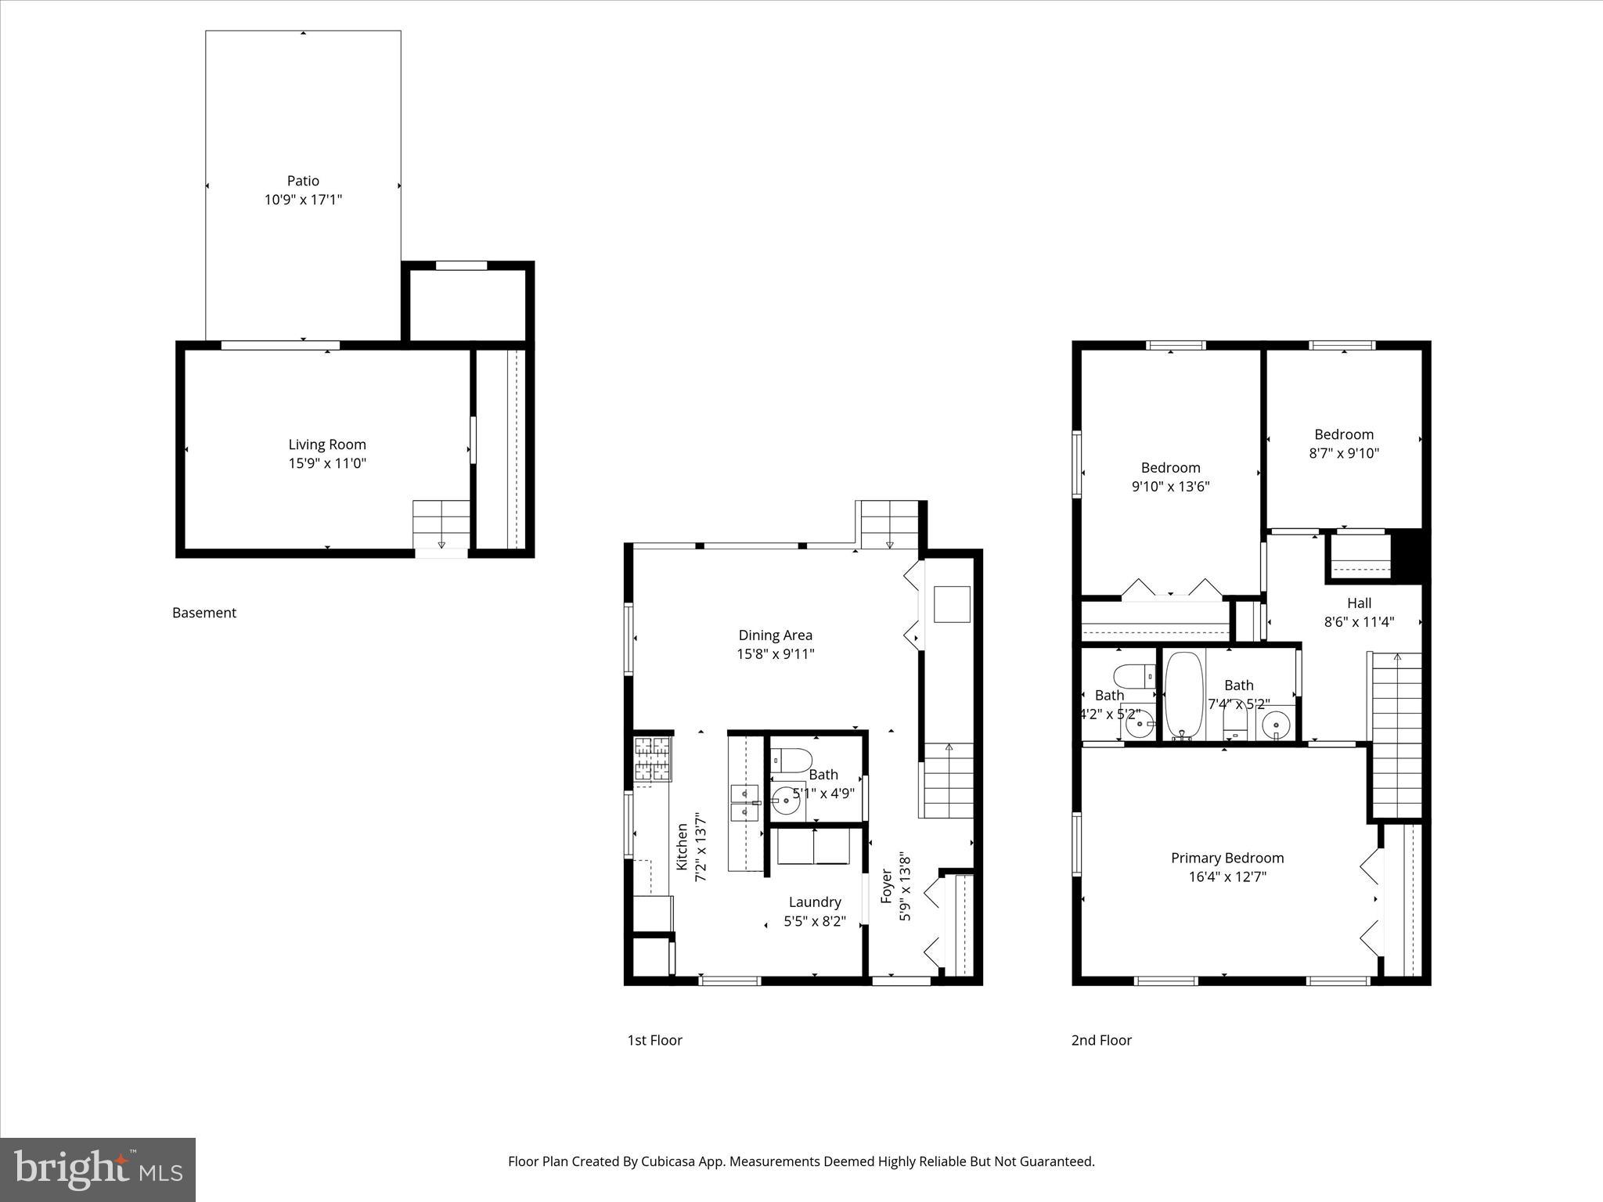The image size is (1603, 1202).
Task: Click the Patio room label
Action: click(303, 181)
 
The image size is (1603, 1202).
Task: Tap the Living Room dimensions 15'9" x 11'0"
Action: click(327, 463)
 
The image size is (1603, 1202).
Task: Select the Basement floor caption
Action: click(204, 613)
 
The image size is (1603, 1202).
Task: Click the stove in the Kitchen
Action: click(652, 759)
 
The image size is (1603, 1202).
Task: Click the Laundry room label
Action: click(815, 902)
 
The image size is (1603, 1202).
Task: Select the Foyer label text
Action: click(887, 886)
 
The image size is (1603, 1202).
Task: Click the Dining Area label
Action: click(775, 635)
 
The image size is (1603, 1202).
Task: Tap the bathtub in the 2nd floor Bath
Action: click(1183, 695)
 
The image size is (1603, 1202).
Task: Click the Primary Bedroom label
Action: click(1227, 858)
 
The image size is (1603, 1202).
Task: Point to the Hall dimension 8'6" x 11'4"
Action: click(1359, 622)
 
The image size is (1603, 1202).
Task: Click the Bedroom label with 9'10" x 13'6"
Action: click(1170, 468)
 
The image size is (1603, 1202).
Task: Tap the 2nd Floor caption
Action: click(1101, 1040)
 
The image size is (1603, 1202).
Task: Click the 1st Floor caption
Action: click(654, 1040)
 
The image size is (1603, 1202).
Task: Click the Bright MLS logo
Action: click(98, 1170)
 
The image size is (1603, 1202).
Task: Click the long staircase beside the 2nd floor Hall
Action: click(1396, 736)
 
